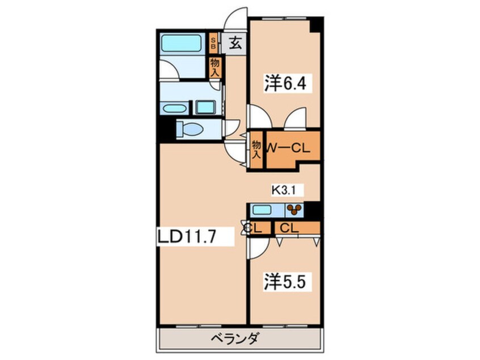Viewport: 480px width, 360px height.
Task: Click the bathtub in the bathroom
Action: [181, 43]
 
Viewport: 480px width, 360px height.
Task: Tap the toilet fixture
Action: [190, 128]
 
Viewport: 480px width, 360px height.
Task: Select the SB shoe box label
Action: [213, 43]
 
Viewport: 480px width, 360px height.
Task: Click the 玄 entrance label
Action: [235, 43]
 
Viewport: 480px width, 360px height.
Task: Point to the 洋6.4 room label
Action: [285, 83]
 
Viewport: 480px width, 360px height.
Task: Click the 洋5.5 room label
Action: [285, 282]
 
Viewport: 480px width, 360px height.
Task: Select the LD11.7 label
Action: [187, 236]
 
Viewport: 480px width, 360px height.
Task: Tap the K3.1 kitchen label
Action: [284, 191]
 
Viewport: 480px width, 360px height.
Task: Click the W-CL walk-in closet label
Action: [288, 149]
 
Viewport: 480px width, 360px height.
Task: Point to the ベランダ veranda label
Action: [235, 339]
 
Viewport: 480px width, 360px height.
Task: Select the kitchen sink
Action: [262, 210]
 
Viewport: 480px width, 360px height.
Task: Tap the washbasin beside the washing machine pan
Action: [174, 109]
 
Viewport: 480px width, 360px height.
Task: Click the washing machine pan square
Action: [205, 107]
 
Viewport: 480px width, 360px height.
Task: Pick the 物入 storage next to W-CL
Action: [256, 149]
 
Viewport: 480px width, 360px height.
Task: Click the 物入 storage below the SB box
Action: [215, 68]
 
